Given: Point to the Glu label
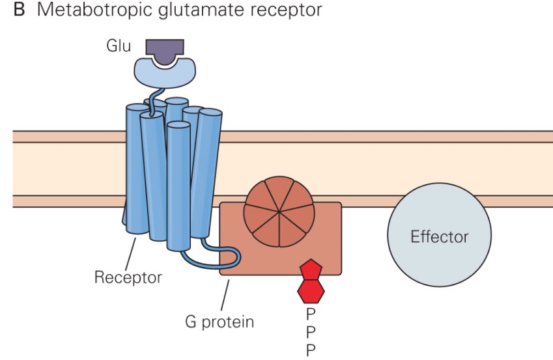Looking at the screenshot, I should click(119, 48).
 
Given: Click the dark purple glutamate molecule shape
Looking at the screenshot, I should click(164, 49).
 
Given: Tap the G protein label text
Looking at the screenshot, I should click(218, 321).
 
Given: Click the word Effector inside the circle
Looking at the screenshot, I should click(439, 236).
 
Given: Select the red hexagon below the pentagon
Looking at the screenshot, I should click(311, 292).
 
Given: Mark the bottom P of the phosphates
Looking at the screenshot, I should click(311, 351).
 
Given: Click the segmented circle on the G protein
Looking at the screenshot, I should click(279, 212).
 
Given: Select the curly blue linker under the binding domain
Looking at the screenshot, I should click(154, 102).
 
